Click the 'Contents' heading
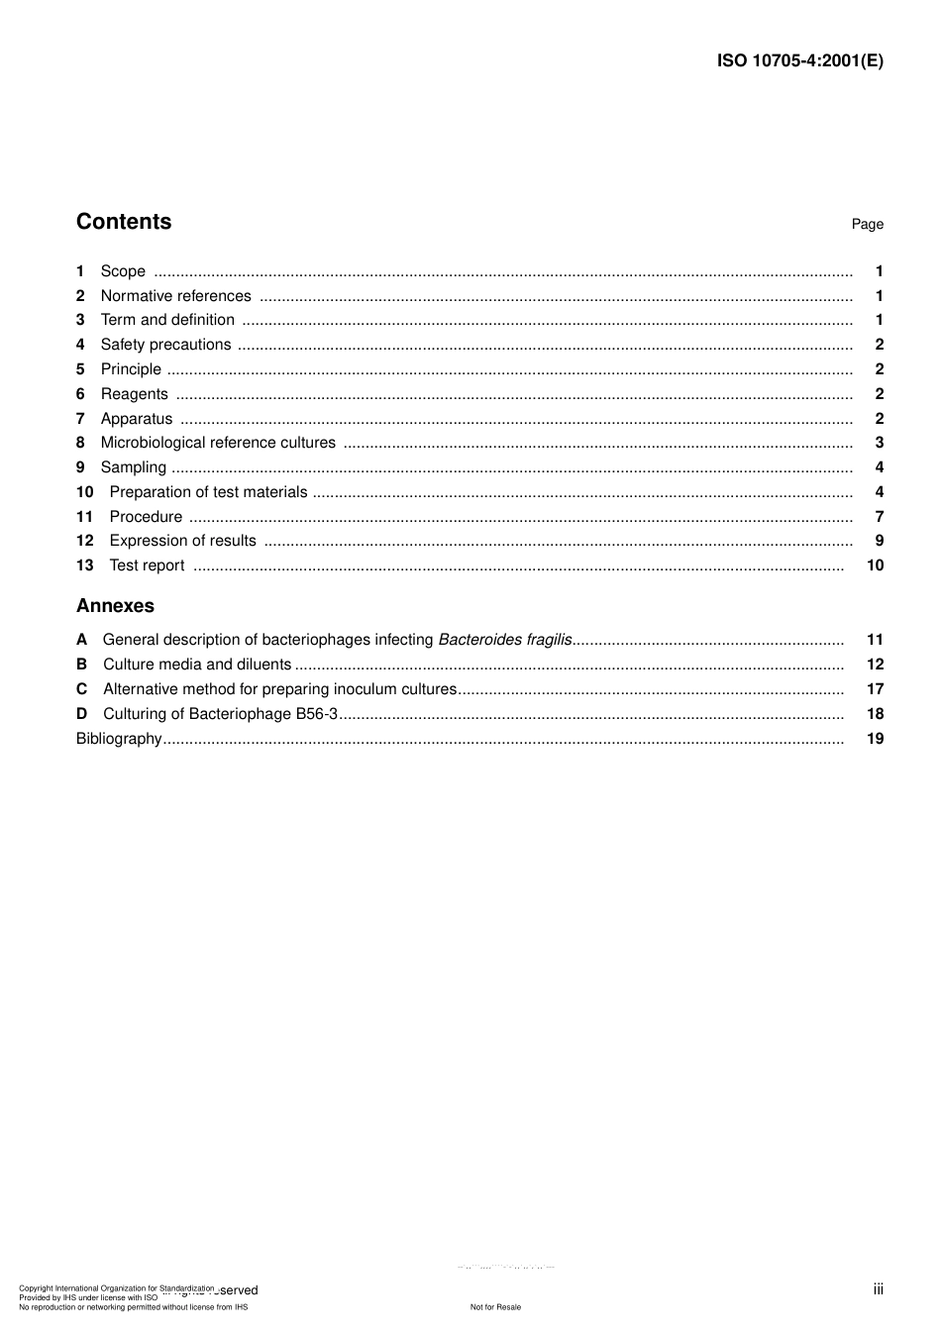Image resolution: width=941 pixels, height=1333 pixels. pos(124,222)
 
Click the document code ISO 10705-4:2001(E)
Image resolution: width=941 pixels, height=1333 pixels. pos(799,60)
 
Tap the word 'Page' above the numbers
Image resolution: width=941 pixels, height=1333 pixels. pos(867,225)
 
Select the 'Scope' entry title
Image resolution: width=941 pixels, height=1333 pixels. pos(123,271)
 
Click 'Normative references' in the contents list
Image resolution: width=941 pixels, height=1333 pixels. pos(176,296)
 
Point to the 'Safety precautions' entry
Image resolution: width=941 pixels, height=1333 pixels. pos(165,345)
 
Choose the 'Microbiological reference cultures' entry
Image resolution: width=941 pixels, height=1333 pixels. pos(218,443)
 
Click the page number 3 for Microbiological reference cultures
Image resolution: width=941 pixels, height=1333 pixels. pos(879,443)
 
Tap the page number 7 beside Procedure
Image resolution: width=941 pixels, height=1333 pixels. pos(879,517)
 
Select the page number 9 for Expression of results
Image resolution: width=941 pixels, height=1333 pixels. pos(879,541)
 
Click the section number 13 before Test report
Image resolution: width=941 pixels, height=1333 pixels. pos(84,565)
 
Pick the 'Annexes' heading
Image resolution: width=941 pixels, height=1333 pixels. pos(115,606)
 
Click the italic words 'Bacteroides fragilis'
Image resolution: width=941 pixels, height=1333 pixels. pos(505,640)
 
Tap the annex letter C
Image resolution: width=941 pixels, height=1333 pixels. pos(81,689)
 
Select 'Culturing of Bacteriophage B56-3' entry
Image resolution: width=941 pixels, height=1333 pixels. pos(220,714)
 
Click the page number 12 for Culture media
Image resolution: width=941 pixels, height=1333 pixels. pos(875,665)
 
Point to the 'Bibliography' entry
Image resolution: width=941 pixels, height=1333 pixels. pos(119,739)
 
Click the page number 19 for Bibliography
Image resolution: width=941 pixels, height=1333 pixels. pos(875,739)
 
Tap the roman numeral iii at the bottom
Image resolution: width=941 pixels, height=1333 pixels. pos(878,1289)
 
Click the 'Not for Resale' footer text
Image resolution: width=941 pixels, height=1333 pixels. pos(495,1307)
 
